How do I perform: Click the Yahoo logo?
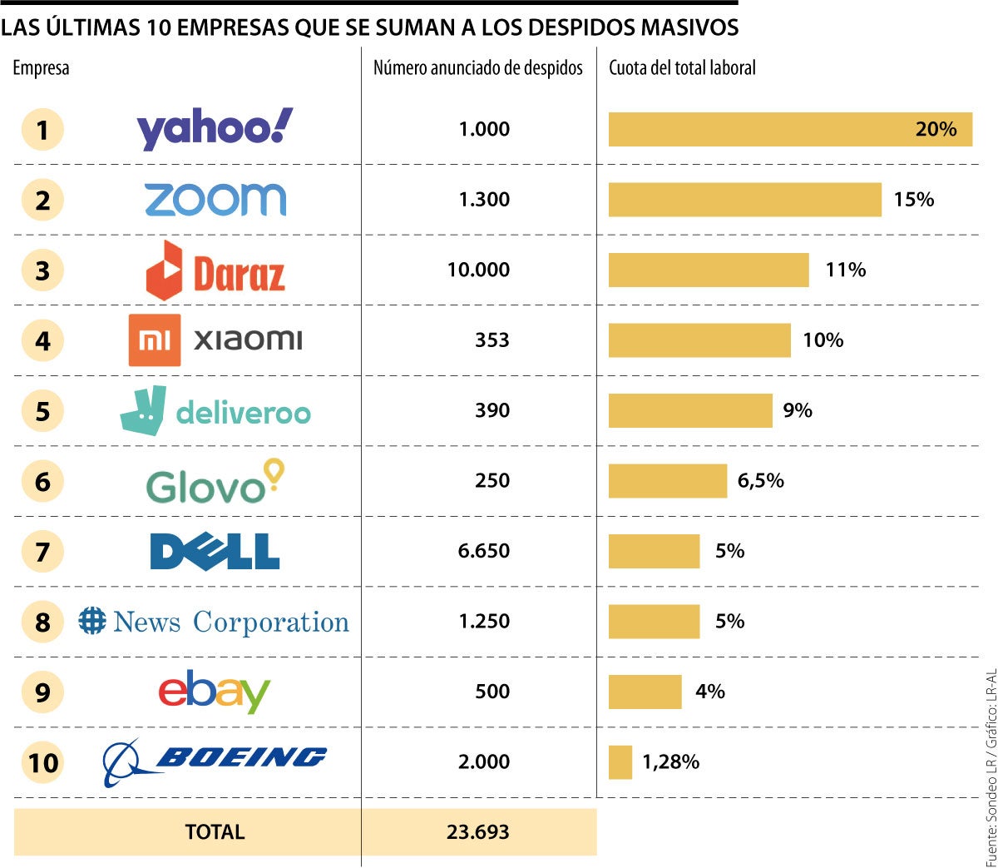215,129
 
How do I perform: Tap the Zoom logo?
215,200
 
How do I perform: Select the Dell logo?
215,551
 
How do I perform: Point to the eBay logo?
215,692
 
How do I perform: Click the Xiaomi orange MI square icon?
154,340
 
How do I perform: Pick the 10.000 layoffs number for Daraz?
478,270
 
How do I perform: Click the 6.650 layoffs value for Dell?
484,551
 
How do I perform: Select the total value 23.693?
477,831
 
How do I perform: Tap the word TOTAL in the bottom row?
215,831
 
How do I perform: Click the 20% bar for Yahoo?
790,129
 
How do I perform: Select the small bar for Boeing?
620,762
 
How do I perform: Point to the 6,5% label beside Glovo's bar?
760,481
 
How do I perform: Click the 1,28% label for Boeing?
670,762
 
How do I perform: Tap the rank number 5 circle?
42,411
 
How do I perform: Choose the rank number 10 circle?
42,762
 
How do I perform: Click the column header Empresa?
41,68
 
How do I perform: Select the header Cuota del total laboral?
682,68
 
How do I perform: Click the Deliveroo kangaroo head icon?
144,409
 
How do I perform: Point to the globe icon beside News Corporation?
92,621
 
